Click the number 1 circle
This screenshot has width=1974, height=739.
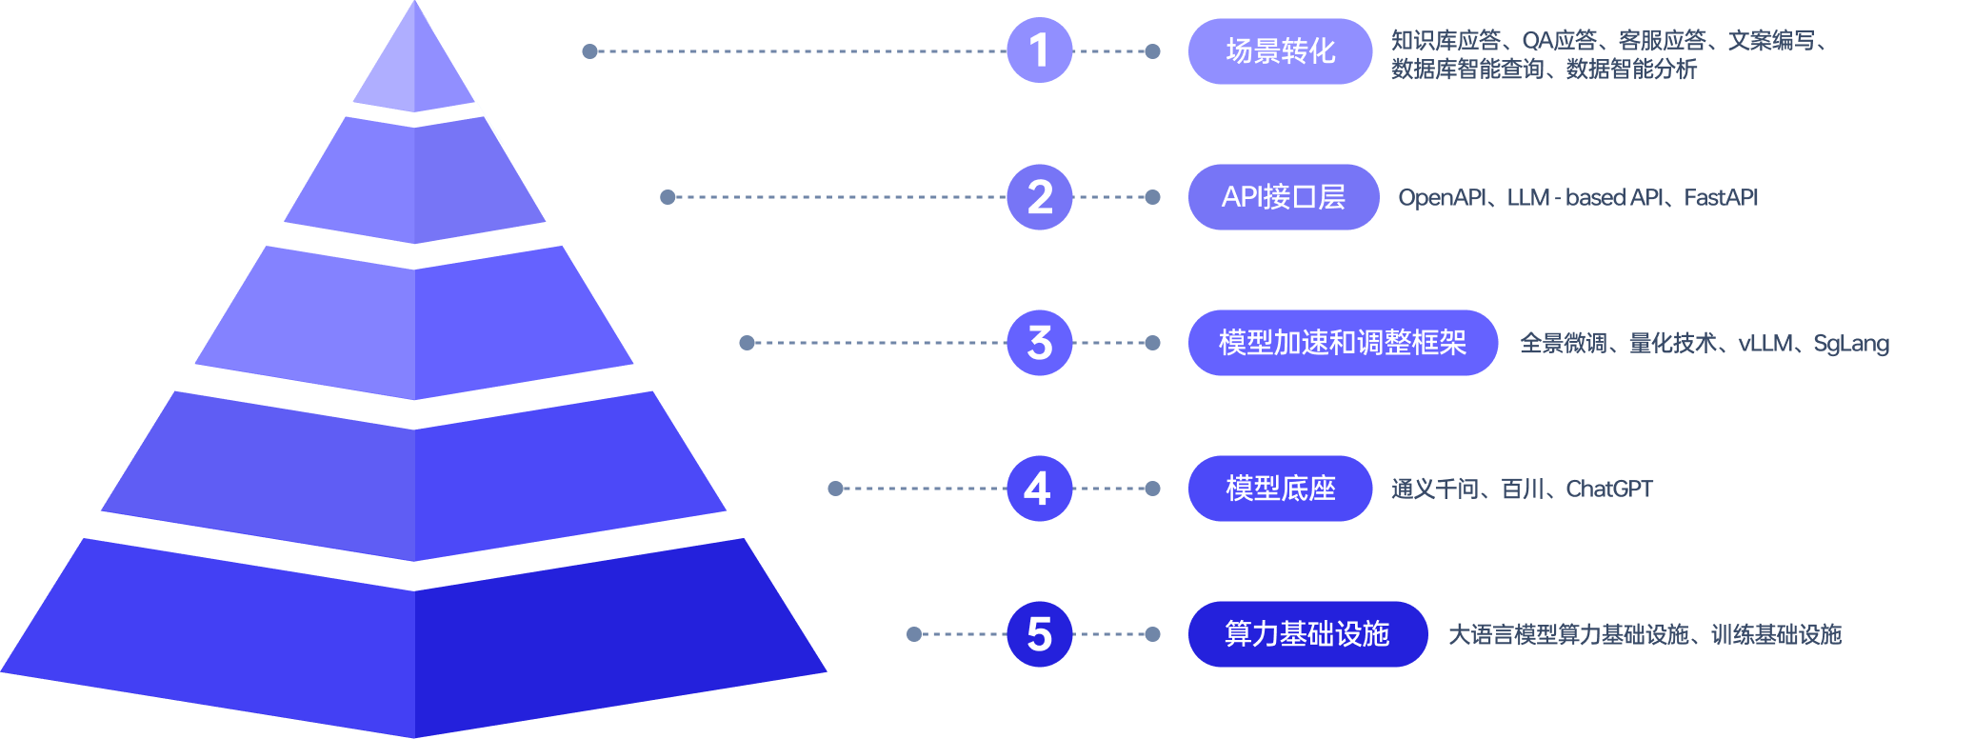[x=1039, y=50]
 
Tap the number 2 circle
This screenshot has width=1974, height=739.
[x=1039, y=197]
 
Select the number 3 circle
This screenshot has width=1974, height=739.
[x=1039, y=343]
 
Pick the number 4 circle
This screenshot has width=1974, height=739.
[x=1039, y=489]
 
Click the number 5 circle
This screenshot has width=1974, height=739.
[x=1039, y=634]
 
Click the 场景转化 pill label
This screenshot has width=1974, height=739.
[x=1280, y=51]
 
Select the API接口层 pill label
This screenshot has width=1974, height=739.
[x=1283, y=197]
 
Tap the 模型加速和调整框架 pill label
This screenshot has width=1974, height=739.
[x=1342, y=343]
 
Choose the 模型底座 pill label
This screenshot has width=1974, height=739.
[x=1280, y=489]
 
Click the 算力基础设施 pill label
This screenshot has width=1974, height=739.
[x=1306, y=634]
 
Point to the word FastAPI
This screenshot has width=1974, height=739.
[x=1720, y=197]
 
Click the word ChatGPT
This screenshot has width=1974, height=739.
[x=1608, y=489]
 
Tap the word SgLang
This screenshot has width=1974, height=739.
[x=1850, y=343]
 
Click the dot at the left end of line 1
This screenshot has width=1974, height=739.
[x=589, y=51]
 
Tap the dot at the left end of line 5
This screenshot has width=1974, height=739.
[x=914, y=634]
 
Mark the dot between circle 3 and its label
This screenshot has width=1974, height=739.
[x=1152, y=343]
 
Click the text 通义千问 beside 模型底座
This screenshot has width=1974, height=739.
[x=1434, y=489]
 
